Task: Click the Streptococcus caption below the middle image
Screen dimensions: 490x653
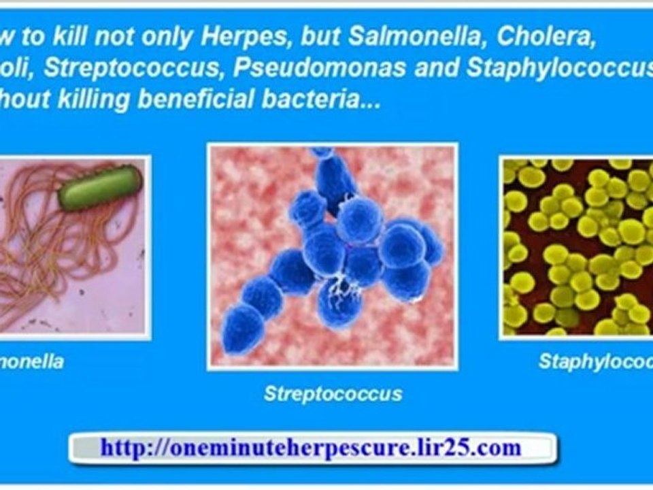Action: click(x=333, y=393)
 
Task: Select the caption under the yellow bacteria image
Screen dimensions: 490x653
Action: click(x=595, y=361)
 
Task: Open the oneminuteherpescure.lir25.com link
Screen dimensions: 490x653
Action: click(x=311, y=447)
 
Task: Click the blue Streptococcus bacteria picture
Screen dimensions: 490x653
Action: click(x=333, y=255)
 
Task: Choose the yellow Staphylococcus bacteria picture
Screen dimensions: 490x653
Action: click(x=577, y=247)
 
